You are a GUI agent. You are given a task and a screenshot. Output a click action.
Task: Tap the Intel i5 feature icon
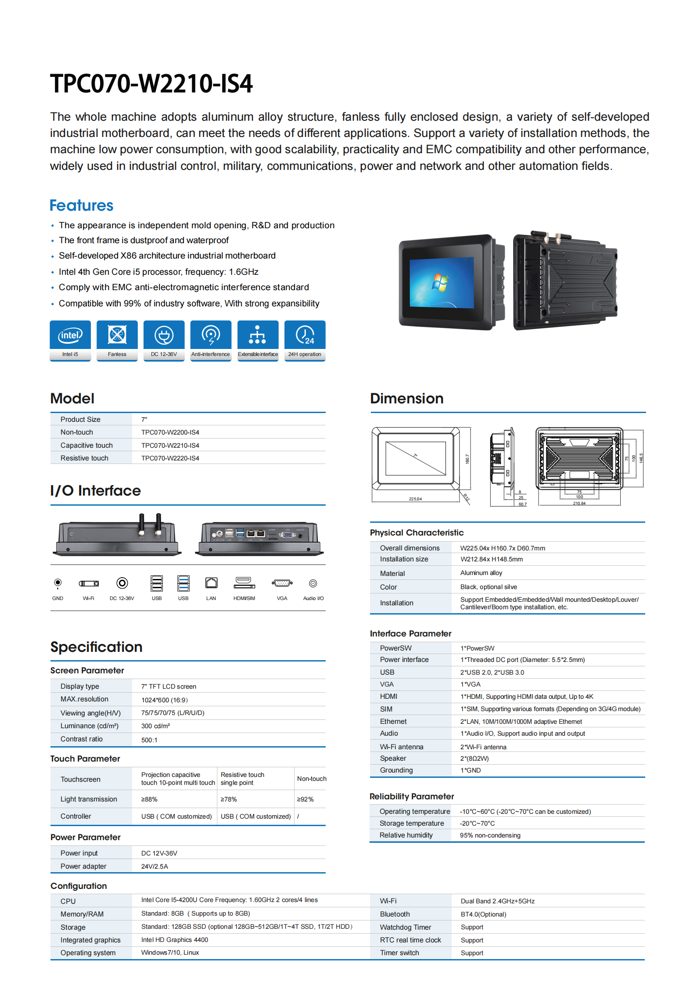click(x=70, y=336)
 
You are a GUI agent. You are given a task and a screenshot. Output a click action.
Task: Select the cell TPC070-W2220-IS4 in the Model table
click(x=170, y=458)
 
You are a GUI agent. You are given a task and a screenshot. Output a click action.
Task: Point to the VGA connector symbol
click(x=282, y=583)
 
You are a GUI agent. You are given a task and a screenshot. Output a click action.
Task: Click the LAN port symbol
click(x=211, y=583)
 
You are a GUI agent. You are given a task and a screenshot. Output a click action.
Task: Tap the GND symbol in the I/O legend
click(x=57, y=583)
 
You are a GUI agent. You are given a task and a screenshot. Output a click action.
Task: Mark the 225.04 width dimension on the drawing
click(x=415, y=499)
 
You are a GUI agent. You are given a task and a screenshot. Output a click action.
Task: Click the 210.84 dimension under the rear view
click(x=579, y=503)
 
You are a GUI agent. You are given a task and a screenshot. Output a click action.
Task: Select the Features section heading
click(x=82, y=205)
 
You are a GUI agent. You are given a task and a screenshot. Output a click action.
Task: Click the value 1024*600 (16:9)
click(x=165, y=700)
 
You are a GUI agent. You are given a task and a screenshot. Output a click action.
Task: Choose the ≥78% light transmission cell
click(x=229, y=799)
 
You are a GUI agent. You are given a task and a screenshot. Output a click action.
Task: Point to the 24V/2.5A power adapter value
click(x=154, y=866)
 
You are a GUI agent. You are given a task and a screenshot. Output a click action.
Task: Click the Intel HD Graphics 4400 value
click(x=175, y=940)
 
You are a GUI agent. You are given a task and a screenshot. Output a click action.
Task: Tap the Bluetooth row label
click(x=395, y=914)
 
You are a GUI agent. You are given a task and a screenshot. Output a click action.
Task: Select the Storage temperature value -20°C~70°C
click(x=477, y=823)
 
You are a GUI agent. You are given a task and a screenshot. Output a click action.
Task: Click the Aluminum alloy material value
click(x=481, y=573)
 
